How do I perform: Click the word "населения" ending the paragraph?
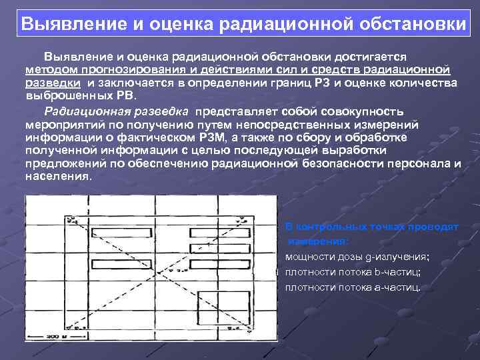[x=57, y=177]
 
